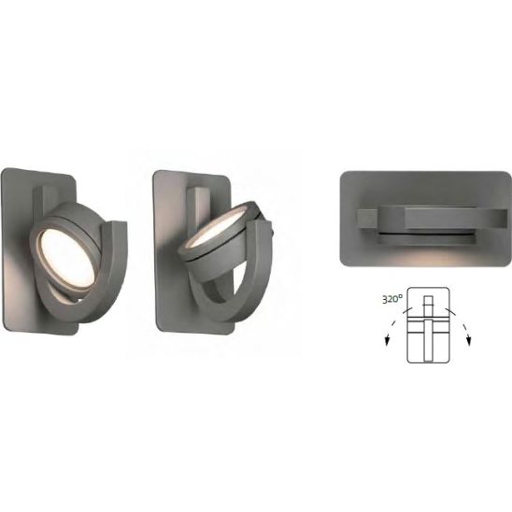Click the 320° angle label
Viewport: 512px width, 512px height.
[x=392, y=299]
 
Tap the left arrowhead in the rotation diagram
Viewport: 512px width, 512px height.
[x=387, y=340]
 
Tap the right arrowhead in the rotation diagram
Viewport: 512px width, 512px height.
[x=469, y=340]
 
